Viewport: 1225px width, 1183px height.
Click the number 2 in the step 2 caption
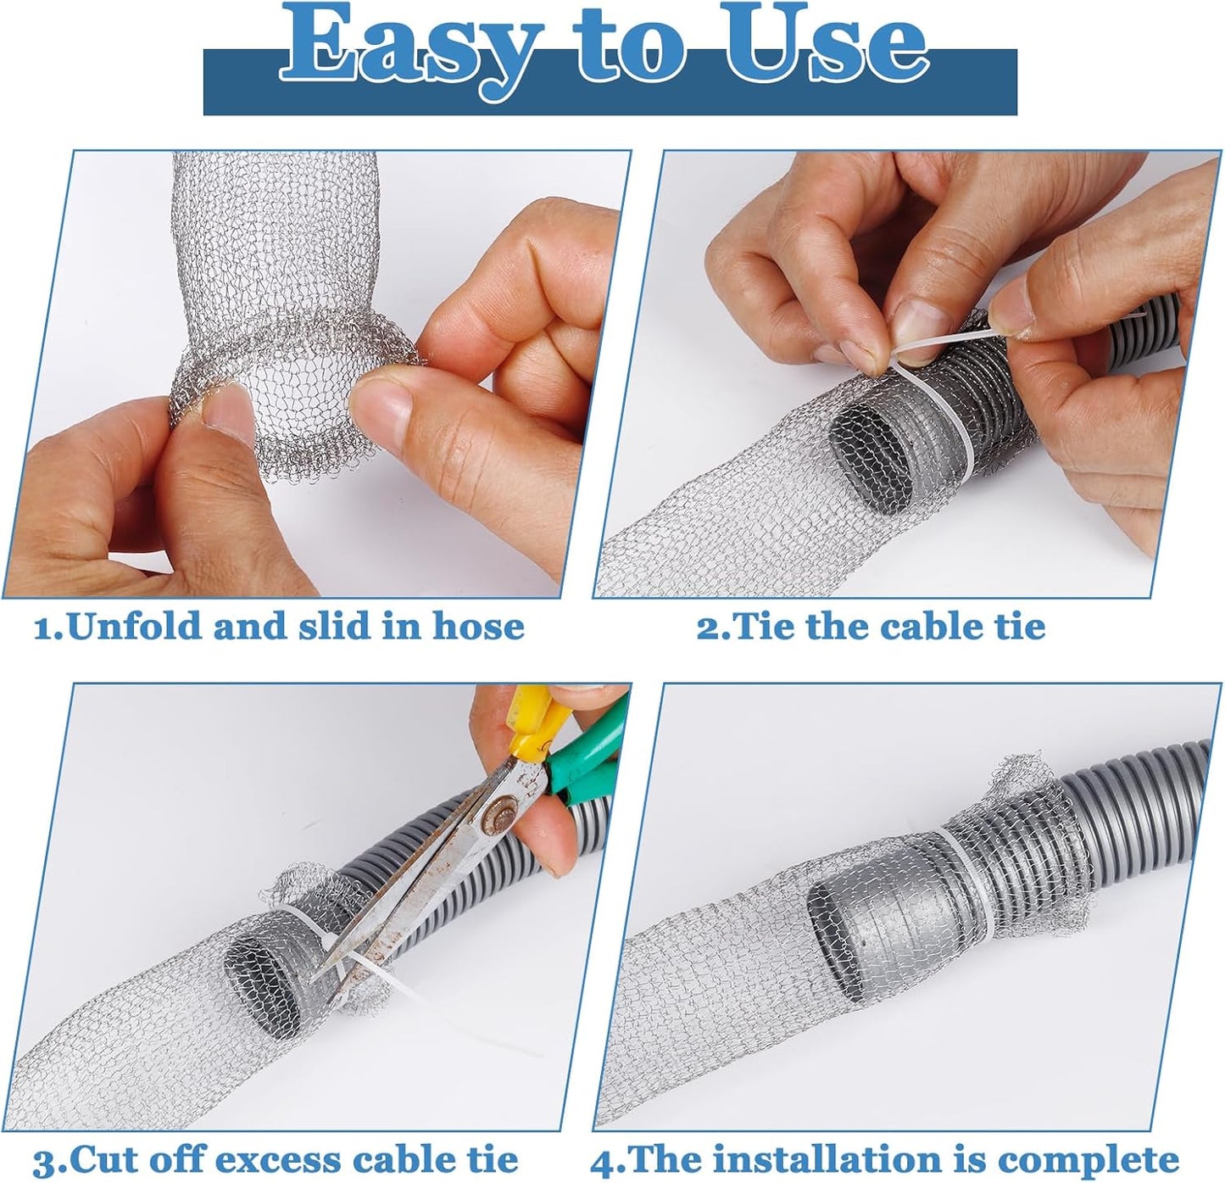[705, 628]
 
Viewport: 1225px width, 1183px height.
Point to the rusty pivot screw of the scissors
[490, 823]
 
